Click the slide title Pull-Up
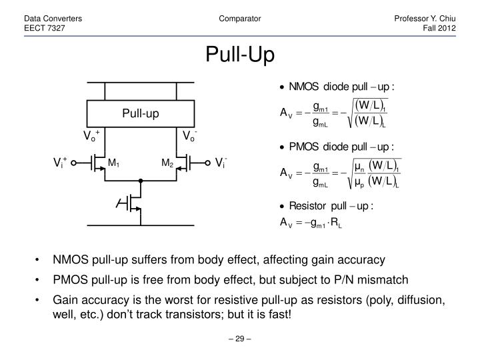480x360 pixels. point(239,55)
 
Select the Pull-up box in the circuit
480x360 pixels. point(140,113)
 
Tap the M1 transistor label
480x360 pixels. point(113,163)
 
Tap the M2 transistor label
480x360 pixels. point(166,163)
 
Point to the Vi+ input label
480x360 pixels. point(61,162)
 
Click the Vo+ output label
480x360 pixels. point(91,137)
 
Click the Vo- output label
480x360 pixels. point(190,137)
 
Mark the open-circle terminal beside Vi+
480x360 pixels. point(75,162)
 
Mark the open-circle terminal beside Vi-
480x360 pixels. point(205,162)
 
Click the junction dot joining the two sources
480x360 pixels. point(140,180)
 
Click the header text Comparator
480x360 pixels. point(239,19)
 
